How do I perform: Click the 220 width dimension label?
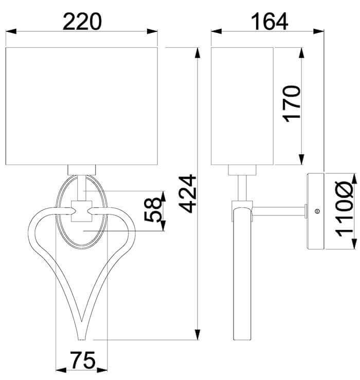(82, 21)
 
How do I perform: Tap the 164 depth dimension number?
(269, 21)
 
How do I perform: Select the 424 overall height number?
(187, 194)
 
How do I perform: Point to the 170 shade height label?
(292, 104)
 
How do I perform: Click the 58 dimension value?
(152, 209)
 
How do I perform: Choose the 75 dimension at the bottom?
(82, 360)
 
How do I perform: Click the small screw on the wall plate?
(316, 211)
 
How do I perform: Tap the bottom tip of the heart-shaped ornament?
(81, 339)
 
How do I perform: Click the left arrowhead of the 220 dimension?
(11, 31)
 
